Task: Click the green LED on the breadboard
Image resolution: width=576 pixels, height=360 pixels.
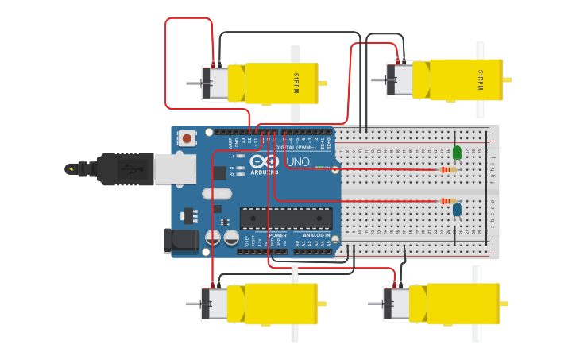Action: pyautogui.click(x=457, y=152)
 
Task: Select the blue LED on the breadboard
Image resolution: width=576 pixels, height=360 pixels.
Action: pyautogui.click(x=457, y=210)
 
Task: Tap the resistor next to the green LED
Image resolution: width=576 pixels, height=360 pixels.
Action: pyautogui.click(x=449, y=169)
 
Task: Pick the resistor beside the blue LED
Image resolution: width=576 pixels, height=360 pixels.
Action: pyautogui.click(x=449, y=201)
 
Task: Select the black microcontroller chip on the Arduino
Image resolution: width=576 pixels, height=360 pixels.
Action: pyautogui.click(x=286, y=219)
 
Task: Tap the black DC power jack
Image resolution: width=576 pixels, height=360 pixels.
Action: pyautogui.click(x=180, y=241)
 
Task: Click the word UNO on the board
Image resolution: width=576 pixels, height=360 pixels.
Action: pyautogui.click(x=297, y=162)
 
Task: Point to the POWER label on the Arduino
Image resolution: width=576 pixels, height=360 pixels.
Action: pyautogui.click(x=277, y=235)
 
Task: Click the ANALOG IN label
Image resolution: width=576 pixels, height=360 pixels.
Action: pyautogui.click(x=315, y=235)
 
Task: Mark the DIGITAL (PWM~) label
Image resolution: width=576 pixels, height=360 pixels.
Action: pyautogui.click(x=295, y=148)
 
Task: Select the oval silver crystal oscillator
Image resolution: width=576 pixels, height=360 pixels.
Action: pyautogui.click(x=216, y=193)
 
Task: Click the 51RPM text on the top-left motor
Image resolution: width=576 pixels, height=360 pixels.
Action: pyautogui.click(x=296, y=83)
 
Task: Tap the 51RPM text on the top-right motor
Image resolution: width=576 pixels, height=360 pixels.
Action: pyautogui.click(x=480, y=79)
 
